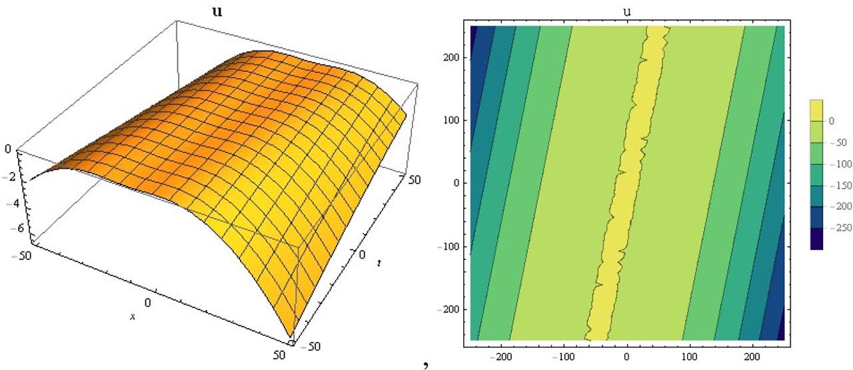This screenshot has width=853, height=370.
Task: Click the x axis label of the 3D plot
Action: point(133,317)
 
